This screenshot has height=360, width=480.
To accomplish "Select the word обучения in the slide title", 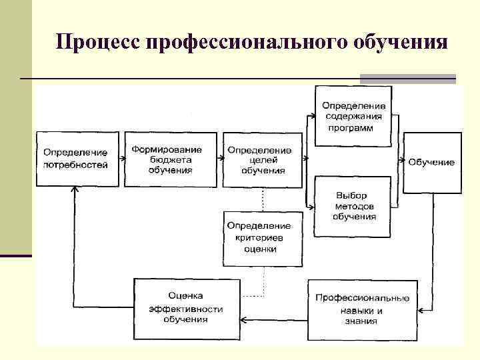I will [399, 42].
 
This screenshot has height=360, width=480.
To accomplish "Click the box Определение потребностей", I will [76, 159].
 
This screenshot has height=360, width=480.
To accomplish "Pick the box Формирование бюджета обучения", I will [171, 159].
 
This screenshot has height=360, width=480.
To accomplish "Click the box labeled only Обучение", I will [432, 163].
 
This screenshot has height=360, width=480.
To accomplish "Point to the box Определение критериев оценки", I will [259, 237].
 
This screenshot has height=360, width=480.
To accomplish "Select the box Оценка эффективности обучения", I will [186, 307].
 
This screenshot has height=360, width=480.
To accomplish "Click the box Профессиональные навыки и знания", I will [362, 309].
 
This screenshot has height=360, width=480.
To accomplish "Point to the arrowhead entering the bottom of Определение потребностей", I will [75, 190].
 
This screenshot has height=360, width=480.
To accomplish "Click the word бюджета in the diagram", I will [171, 160].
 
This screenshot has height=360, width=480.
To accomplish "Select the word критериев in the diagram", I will [259, 237].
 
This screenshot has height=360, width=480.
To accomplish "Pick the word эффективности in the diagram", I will [186, 308].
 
